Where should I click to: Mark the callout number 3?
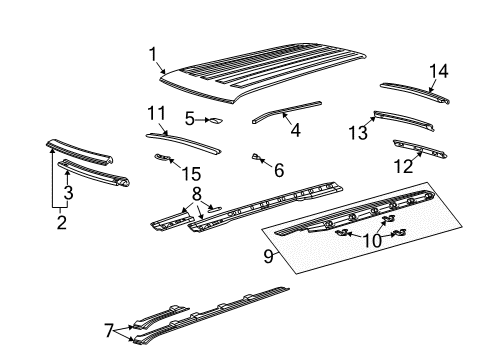pyautogui.click(x=68, y=192)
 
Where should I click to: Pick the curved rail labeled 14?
pyautogui.click(x=410, y=92)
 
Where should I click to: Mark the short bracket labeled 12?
pyautogui.click(x=420, y=150)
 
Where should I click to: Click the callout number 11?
pyautogui.click(x=156, y=112)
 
